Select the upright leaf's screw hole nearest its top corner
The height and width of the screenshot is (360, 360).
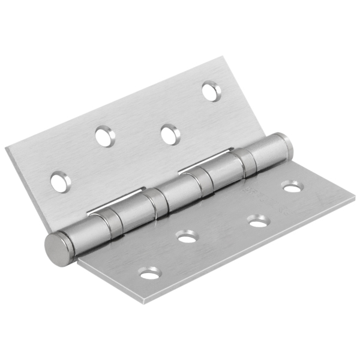click(x=211, y=91)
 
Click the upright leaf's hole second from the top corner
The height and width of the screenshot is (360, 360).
click(x=170, y=134)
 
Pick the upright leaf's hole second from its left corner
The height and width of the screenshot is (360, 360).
click(x=104, y=137)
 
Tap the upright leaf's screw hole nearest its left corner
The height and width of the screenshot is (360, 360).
click(x=60, y=182)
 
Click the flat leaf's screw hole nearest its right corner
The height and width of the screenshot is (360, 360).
click(x=292, y=188)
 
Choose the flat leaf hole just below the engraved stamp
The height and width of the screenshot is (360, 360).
click(x=259, y=223)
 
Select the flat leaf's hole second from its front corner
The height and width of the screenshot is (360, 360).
click(x=187, y=238)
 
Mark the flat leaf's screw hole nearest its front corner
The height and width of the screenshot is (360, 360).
click(x=150, y=274)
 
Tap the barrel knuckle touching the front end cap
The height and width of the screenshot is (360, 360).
click(x=90, y=231)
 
